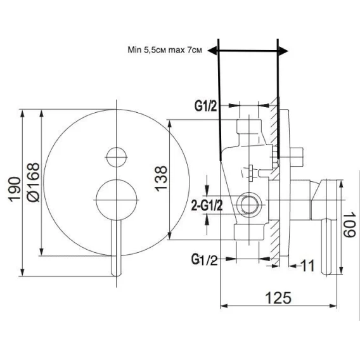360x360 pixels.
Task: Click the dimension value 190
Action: [x=14, y=189]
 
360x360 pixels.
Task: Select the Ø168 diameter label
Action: [x=33, y=183]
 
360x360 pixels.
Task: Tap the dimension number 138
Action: [x=161, y=178]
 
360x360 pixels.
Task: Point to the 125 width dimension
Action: [x=278, y=298]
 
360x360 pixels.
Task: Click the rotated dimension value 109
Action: [x=349, y=225]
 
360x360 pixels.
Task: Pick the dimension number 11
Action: [x=307, y=266]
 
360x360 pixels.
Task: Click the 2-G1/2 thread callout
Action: [x=207, y=205]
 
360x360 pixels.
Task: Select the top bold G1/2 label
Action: [x=206, y=106]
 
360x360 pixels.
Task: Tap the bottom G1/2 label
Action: [x=204, y=259]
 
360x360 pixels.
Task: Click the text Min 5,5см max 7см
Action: [x=165, y=50]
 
